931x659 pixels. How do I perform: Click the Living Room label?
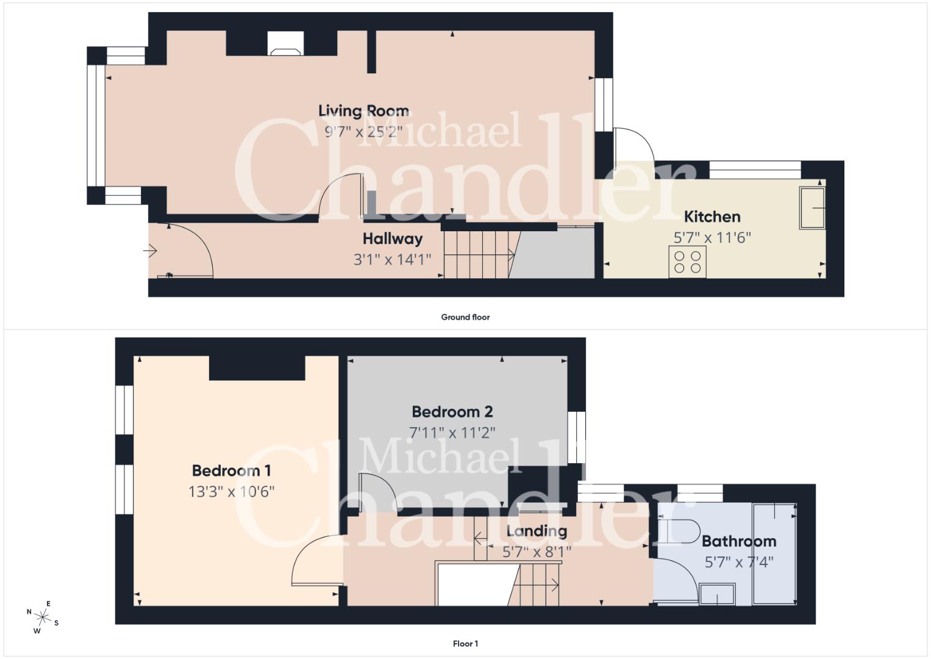click(363, 110)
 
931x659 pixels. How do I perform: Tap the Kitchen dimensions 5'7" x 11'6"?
click(712, 237)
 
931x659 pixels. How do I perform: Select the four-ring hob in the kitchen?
click(688, 262)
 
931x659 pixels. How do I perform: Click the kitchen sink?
click(812, 207)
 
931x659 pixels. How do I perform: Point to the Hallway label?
click(393, 239)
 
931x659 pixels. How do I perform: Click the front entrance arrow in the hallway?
click(149, 251)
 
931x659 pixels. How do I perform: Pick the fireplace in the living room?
click(285, 43)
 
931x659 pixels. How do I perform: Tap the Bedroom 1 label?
click(232, 470)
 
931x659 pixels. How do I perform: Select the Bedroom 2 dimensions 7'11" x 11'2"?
click(452, 433)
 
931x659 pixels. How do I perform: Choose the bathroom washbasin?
click(718, 594)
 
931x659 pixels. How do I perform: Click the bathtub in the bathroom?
click(774, 554)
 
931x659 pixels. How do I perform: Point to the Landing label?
click(537, 531)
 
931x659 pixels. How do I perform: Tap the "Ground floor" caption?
click(466, 317)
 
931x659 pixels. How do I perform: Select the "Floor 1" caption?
click(466, 644)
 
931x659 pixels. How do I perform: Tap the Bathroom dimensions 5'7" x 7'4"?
click(739, 563)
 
